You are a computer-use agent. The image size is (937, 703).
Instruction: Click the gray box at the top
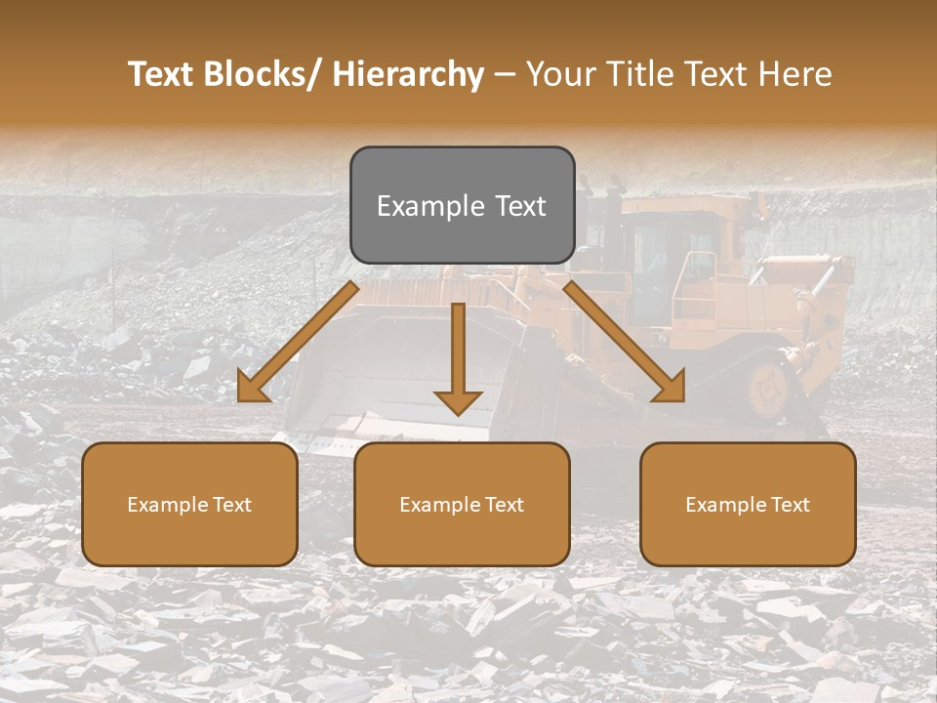[x=462, y=205]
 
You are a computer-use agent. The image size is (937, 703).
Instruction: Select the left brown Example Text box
[x=189, y=504]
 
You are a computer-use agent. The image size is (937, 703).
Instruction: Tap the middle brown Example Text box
[x=462, y=504]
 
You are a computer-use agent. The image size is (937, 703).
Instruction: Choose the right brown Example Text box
[x=748, y=504]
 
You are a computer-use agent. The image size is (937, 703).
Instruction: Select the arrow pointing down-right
[x=626, y=343]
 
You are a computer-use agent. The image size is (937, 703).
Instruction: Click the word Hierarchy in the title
[x=408, y=74]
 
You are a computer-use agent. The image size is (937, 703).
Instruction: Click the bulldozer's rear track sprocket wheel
[x=768, y=388]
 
